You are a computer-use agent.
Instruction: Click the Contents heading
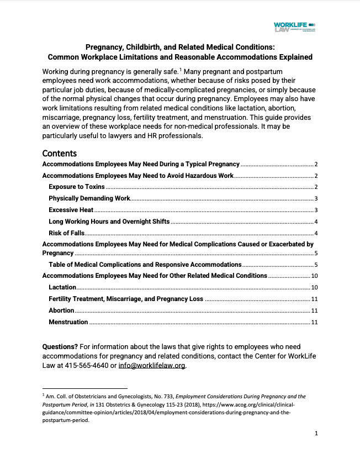coord(60,154)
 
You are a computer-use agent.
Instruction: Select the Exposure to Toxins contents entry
coord(76,187)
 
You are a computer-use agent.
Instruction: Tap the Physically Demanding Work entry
coord(89,198)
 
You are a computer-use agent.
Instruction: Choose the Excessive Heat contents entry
coord(71,210)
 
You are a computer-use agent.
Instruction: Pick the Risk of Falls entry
coord(66,233)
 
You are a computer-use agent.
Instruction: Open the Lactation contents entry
coord(62,288)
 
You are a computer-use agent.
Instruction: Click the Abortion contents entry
coord(61,310)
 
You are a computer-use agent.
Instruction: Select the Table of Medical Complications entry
coord(145,265)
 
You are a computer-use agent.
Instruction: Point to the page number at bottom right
coord(316,434)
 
